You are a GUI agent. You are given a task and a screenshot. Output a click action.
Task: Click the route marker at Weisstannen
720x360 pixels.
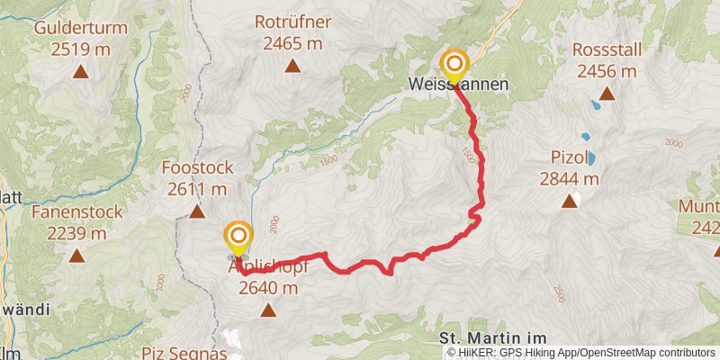(x=455, y=64)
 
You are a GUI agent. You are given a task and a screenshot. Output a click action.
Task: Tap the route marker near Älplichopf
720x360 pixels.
(x=238, y=238)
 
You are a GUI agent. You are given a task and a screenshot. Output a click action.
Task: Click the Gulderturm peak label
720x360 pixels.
(x=80, y=27)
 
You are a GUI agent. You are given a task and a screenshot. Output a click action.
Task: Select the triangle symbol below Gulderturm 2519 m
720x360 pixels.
(x=80, y=71)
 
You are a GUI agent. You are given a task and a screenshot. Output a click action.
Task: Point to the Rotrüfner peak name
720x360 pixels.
(x=292, y=22)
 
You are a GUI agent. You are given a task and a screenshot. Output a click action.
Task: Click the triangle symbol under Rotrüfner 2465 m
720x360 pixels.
(x=292, y=66)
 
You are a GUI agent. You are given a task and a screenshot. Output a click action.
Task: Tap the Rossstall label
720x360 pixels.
(x=607, y=50)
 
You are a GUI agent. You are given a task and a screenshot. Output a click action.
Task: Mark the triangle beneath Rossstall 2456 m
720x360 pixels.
(x=607, y=94)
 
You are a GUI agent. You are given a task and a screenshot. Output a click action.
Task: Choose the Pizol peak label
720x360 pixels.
(x=569, y=158)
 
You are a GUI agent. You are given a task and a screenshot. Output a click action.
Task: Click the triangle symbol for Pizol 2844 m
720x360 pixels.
(x=569, y=202)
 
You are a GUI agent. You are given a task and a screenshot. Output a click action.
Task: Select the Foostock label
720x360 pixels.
(x=197, y=167)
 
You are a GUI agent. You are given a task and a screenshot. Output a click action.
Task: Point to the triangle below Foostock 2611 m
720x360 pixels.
(x=197, y=211)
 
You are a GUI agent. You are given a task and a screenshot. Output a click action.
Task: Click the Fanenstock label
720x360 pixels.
(x=69, y=212)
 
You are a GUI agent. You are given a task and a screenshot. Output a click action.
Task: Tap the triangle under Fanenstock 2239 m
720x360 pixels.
(x=76, y=256)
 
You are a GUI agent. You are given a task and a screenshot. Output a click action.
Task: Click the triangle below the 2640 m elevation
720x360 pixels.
(x=267, y=311)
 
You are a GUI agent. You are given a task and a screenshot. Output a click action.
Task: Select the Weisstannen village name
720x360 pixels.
(x=458, y=85)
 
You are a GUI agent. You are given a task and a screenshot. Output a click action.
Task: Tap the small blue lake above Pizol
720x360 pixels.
(x=586, y=138)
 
